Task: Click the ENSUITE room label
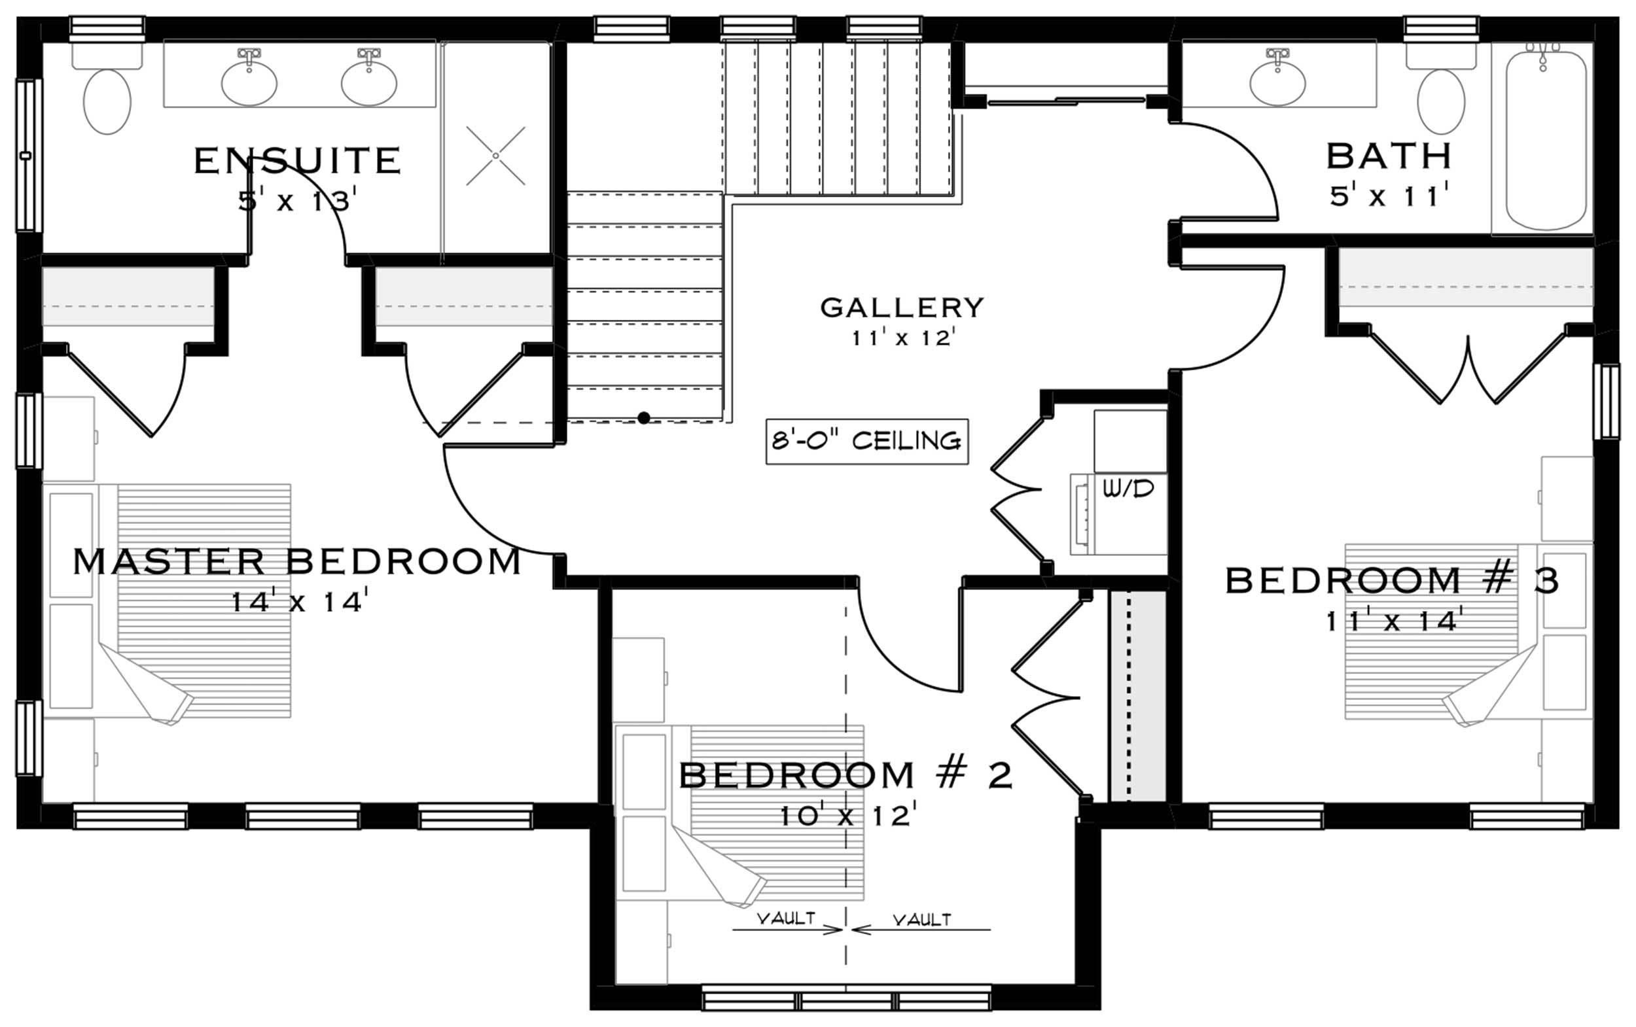(x=298, y=161)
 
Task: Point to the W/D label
(x=1128, y=488)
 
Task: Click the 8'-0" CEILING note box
(x=867, y=442)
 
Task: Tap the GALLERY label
(x=902, y=307)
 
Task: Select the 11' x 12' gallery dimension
(x=904, y=338)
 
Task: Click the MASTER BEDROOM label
(x=297, y=563)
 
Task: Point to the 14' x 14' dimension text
(x=300, y=602)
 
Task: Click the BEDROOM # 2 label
(x=846, y=776)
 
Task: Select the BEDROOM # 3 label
(x=1392, y=582)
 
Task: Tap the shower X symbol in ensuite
(x=495, y=156)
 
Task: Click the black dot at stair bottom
(x=643, y=418)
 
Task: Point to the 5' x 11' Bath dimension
(x=1385, y=197)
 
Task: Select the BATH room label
(x=1389, y=156)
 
